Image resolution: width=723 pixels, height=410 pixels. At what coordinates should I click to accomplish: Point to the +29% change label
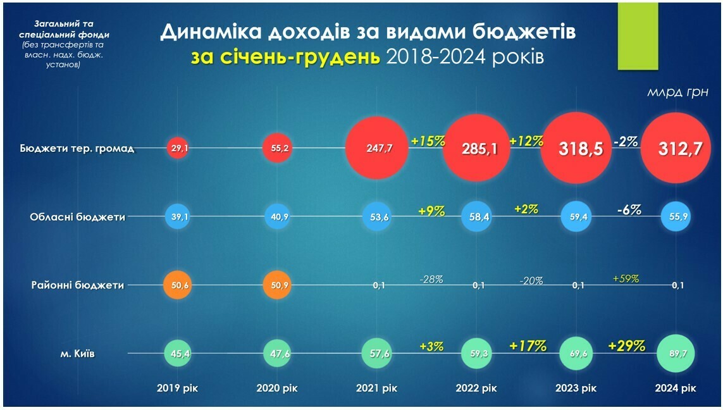626,346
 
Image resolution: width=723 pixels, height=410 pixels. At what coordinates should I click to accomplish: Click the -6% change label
629,209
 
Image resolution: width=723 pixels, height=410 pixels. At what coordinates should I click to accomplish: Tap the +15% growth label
428,140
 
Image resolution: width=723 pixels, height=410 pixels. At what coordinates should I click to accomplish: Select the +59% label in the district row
626,278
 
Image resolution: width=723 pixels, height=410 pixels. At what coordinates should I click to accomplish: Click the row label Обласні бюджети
77,216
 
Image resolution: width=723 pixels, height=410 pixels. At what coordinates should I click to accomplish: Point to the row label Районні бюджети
77,285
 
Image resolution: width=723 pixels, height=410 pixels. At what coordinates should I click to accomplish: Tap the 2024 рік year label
676,388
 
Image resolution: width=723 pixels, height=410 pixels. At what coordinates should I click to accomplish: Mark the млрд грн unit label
677,92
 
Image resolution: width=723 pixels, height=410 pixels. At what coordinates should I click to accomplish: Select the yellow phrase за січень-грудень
286,57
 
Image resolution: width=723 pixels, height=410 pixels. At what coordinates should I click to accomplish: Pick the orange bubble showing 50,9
278,285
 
